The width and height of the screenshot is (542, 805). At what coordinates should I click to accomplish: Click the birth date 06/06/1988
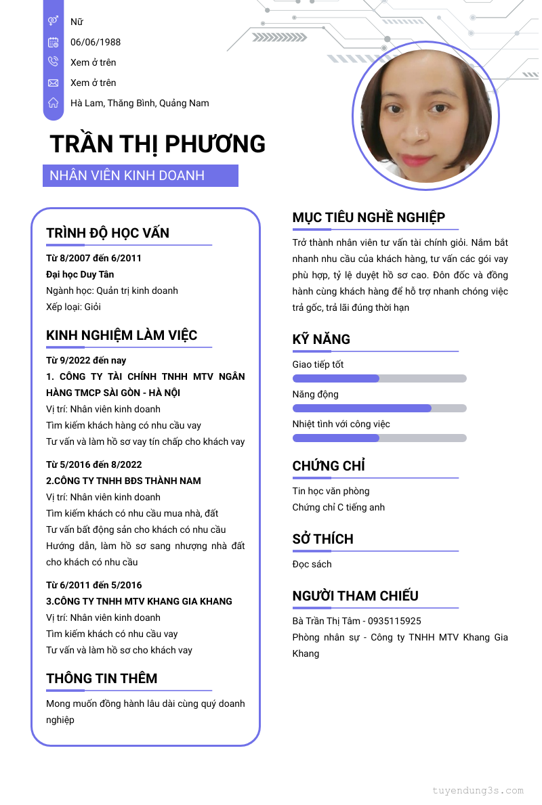pos(96,42)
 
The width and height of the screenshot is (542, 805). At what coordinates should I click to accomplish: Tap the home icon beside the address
pos(53,103)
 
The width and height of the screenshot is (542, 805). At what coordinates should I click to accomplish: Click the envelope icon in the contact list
pos(53,83)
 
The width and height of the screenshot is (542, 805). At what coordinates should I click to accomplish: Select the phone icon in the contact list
pos(53,62)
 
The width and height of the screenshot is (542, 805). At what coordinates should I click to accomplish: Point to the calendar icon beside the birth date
pos(53,42)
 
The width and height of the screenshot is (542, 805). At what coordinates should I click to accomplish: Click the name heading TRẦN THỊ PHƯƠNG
pos(157,144)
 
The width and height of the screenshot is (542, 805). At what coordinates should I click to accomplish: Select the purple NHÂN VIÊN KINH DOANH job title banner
pos(140,176)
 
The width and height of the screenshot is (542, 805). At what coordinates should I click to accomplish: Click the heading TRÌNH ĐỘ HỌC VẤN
pos(108,233)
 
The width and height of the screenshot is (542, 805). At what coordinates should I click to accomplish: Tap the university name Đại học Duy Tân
pos(80,274)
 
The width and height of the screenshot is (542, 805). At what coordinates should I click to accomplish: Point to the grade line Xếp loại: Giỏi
pos(74,307)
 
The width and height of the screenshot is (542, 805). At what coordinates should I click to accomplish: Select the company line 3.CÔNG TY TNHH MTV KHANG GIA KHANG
pos(139,601)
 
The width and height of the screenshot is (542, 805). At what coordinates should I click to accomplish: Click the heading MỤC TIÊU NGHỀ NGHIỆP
pos(369,217)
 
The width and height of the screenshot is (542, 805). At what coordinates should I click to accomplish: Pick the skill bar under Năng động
pos(379,408)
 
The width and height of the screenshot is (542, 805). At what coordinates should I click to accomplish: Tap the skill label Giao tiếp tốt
pos(318,364)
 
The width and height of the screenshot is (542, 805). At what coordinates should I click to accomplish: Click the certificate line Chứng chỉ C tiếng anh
pos(339,507)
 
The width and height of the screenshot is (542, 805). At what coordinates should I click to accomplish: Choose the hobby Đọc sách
pos(312,564)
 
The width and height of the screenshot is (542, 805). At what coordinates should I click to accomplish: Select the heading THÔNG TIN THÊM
pos(102,678)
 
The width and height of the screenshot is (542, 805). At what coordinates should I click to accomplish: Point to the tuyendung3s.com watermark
pos(478,790)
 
